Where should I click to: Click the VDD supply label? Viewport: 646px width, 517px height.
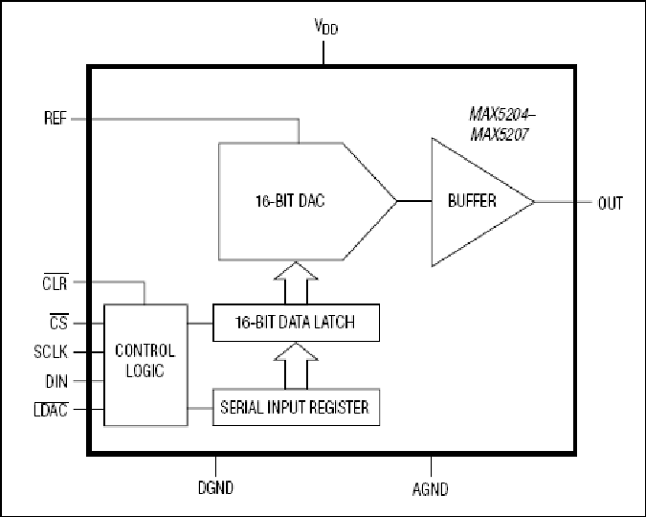(x=326, y=27)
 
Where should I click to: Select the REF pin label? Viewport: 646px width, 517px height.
(x=56, y=119)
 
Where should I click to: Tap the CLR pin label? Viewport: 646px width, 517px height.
(x=55, y=282)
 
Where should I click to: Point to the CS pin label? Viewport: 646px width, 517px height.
(x=58, y=322)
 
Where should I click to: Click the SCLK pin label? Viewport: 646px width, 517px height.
(x=51, y=351)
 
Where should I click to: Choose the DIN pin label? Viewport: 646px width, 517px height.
(x=56, y=381)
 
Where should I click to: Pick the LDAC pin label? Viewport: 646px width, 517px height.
(x=51, y=410)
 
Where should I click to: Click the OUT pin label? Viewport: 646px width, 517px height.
(x=611, y=203)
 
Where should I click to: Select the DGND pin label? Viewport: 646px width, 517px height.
(x=215, y=487)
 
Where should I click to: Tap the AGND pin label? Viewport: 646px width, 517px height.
(x=431, y=489)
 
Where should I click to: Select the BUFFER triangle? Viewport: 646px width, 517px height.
(x=474, y=202)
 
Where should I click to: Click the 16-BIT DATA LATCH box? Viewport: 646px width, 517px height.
(x=296, y=323)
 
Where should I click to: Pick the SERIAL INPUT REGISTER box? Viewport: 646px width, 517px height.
(x=296, y=407)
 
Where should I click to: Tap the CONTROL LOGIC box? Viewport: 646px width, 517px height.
(x=145, y=365)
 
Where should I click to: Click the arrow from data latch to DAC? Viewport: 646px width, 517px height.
(x=296, y=282)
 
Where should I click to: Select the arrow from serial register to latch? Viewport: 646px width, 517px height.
(x=296, y=366)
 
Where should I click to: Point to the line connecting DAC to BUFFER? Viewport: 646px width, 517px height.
(x=414, y=201)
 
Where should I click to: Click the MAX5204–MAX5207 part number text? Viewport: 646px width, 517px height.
(x=501, y=124)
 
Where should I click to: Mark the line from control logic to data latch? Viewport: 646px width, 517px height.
(x=200, y=324)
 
